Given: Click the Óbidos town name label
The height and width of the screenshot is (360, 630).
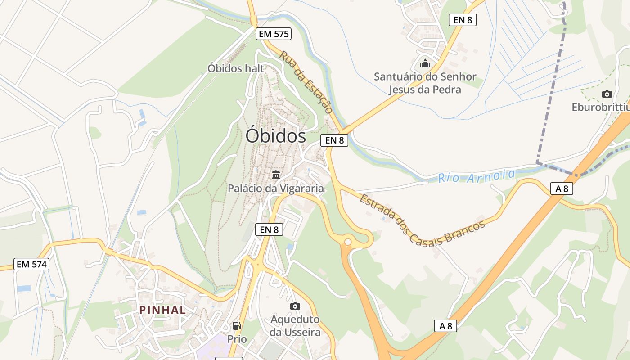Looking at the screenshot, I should point(275,136).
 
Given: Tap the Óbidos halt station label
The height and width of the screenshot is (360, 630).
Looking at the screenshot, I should point(236,68).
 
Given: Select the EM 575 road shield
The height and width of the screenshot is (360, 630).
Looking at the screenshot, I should point(274,34).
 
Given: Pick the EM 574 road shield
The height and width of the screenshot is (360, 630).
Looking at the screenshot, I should point(31,264).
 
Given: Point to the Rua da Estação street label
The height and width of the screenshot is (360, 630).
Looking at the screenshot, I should point(306,82).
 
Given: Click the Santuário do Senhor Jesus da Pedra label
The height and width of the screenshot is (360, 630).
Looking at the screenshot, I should point(425,83).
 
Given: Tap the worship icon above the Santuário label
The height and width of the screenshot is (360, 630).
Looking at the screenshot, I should point(425,63).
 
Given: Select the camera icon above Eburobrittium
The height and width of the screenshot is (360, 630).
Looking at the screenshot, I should point(607,94).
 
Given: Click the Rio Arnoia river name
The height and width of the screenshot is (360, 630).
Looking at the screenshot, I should point(476,176).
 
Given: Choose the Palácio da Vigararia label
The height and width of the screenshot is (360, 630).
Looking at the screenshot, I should point(275,188).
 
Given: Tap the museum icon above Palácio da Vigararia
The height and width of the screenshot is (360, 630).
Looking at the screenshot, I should point(276,175).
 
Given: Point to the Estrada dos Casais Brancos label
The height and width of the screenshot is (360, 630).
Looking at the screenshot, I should point(422,219).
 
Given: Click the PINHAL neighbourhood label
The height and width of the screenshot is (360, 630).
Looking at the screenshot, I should point(162,310).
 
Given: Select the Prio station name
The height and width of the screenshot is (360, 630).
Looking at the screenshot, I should point(237,339).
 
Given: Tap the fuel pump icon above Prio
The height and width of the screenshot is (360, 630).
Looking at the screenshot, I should point(237,325).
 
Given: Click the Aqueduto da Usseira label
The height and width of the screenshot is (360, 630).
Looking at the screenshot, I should point(295,326).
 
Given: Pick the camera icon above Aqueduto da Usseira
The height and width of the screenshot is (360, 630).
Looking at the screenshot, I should point(295,306).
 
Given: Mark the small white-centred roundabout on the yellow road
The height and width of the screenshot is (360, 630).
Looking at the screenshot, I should point(347,242).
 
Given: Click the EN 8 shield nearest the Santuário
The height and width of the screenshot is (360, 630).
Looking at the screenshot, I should point(462,20).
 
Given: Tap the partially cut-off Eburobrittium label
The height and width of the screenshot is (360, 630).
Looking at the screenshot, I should point(600,108).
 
